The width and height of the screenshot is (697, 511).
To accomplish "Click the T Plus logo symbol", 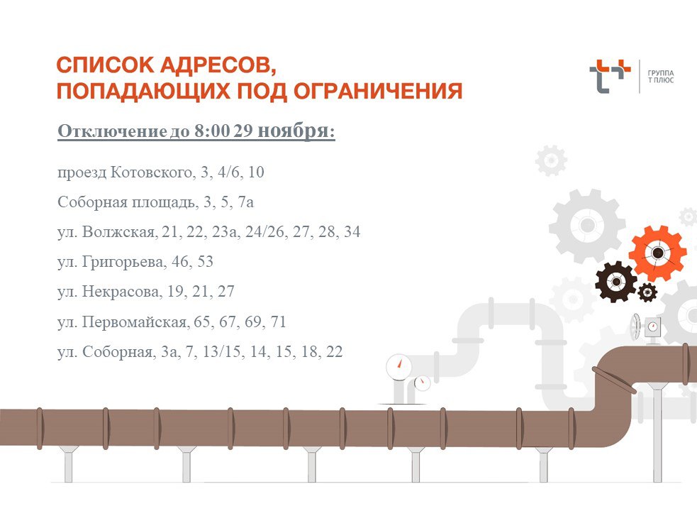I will pos(609,76).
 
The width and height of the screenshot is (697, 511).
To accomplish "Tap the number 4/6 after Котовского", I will pos(227,172).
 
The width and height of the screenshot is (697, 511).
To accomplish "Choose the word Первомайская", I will pos(136,322).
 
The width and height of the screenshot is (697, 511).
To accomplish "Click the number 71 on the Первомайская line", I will pos(278,322).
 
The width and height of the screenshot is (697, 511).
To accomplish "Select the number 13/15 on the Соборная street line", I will pos(242,352).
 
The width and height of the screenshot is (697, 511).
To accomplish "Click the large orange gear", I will pos(657,253).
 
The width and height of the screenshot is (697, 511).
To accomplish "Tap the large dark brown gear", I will pos(615,282).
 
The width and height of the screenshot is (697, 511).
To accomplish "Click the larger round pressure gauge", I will pos(399,366).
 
